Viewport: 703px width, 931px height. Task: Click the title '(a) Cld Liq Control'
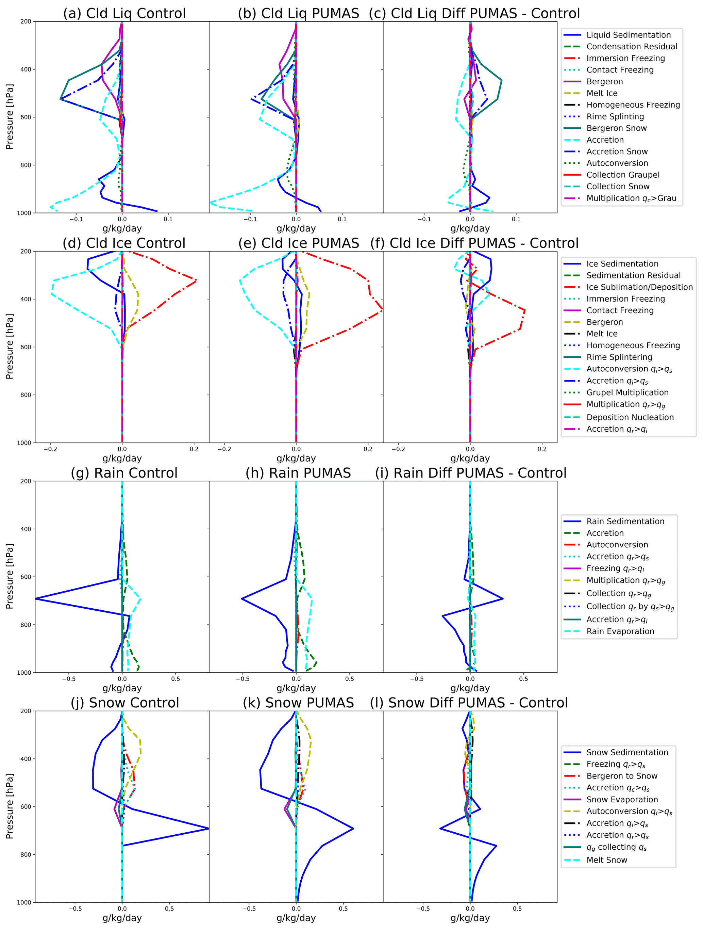click(x=124, y=14)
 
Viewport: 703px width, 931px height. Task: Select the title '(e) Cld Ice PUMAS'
click(x=299, y=243)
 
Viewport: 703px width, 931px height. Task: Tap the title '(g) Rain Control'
click(x=124, y=473)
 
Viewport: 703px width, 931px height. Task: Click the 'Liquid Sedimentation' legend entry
click(x=628, y=35)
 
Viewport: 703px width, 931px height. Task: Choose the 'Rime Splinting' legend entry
click(x=615, y=116)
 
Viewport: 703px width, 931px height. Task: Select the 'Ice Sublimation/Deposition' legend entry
click(x=639, y=287)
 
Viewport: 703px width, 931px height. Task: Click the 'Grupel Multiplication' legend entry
click(x=627, y=392)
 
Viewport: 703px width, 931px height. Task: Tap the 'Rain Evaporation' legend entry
click(x=620, y=631)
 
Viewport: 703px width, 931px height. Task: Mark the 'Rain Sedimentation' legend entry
click(x=625, y=521)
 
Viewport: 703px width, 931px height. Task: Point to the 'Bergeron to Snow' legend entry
click(x=621, y=776)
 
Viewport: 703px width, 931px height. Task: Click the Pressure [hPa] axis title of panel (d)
click(x=9, y=347)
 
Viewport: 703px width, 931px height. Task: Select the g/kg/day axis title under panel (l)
click(x=470, y=918)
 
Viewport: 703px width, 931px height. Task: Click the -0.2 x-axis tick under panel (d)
click(x=50, y=449)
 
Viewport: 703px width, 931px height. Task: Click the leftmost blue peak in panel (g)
click(x=36, y=598)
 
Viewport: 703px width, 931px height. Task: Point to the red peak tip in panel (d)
click(x=196, y=280)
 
